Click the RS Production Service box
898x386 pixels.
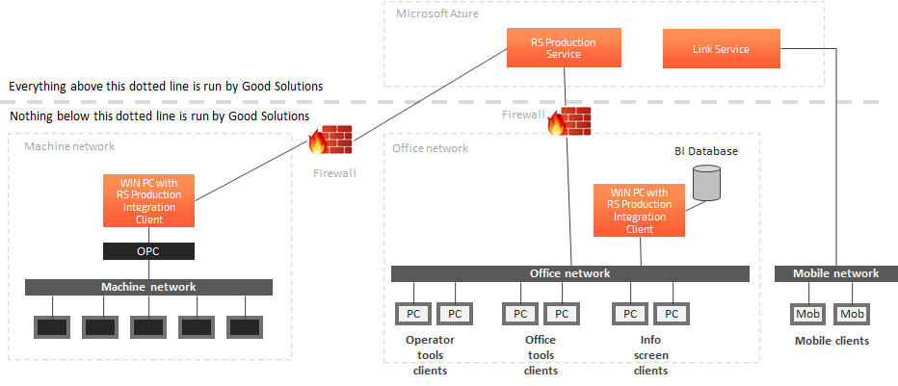564,48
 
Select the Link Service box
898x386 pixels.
721,49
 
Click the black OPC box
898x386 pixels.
148,251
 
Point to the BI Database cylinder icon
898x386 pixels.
706,183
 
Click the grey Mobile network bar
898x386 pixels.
835,273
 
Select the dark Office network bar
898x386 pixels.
569,273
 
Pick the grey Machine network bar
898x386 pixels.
148,287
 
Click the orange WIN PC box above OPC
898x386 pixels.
148,200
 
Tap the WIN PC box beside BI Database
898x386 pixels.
639,211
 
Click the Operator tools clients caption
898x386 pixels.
430,355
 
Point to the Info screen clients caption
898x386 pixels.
650,355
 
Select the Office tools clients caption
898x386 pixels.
540,355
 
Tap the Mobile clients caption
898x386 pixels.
832,341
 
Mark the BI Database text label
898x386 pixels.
705,152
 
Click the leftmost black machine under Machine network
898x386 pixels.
51,326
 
